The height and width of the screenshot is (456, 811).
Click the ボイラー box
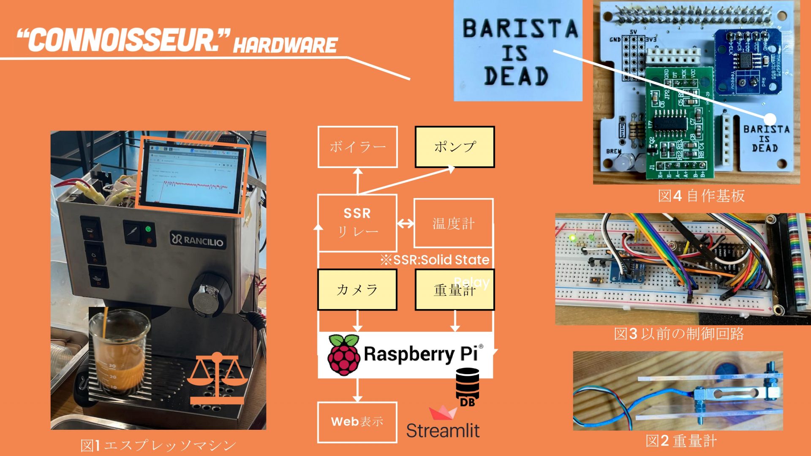pyautogui.click(x=357, y=147)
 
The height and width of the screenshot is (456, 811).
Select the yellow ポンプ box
pyautogui.click(x=454, y=147)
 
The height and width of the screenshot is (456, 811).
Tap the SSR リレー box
pyautogui.click(x=357, y=223)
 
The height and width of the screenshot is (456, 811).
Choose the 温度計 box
pyautogui.click(x=453, y=223)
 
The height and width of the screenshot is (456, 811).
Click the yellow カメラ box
pyautogui.click(x=357, y=290)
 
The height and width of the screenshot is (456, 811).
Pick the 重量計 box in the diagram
pyautogui.click(x=454, y=290)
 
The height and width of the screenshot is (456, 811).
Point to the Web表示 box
pyautogui.click(x=357, y=422)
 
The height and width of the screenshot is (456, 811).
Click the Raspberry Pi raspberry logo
pyautogui.click(x=344, y=355)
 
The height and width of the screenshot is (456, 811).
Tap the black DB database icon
pyautogui.click(x=468, y=387)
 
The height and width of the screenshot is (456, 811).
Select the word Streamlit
pyautogui.click(x=443, y=431)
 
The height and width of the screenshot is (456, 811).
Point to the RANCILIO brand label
pyautogui.click(x=197, y=240)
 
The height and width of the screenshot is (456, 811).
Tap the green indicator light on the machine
pyautogui.click(x=148, y=229)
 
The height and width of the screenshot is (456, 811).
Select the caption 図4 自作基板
pyautogui.click(x=701, y=196)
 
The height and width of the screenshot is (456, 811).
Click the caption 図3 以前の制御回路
pyautogui.click(x=678, y=334)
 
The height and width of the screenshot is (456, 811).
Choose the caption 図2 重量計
pyautogui.click(x=681, y=441)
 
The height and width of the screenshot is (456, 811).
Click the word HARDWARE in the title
pyautogui.click(x=286, y=45)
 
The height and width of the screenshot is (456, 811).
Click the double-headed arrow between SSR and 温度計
pyautogui.click(x=405, y=223)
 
